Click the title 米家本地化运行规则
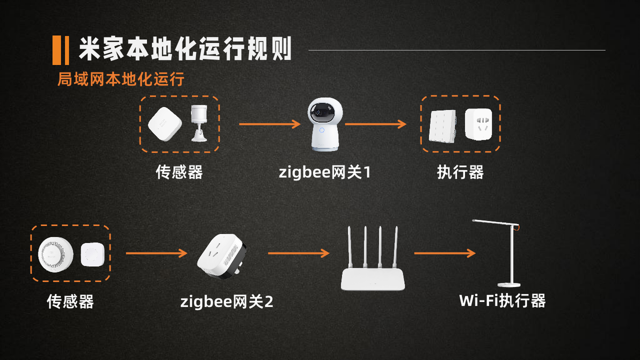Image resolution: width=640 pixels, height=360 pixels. tap(185, 49)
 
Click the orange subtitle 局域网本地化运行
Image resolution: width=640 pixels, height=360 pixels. tap(121, 79)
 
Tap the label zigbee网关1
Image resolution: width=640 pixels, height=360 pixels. tap(325, 172)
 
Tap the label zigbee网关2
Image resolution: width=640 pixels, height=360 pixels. tap(227, 302)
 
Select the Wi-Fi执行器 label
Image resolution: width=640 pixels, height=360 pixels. tap(503, 300)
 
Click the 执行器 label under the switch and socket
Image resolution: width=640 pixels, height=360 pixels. tap(461, 172)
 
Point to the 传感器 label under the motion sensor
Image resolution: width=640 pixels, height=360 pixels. tap(179, 172)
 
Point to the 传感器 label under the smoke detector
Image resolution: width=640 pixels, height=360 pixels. tap(70, 302)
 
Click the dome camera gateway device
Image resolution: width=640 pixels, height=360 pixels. tap(325, 124)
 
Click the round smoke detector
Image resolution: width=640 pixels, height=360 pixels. tap(55, 254)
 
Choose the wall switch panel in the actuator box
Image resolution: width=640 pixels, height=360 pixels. tap(443, 127)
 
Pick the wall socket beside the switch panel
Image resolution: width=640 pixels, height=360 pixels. tap(479, 124)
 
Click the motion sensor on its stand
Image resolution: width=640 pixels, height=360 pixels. tap(199, 123)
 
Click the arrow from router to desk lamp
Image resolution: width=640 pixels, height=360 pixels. tap(445, 253)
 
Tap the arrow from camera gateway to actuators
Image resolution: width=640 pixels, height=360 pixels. tap(376, 124)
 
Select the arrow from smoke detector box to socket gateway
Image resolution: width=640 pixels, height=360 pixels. tap(157, 253)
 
